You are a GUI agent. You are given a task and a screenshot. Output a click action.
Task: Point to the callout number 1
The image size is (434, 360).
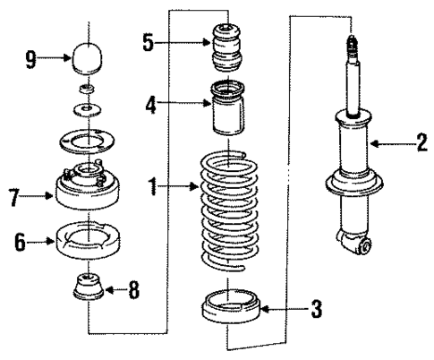pos(155,188)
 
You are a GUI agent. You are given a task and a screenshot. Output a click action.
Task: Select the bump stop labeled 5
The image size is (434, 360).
pos(228,51)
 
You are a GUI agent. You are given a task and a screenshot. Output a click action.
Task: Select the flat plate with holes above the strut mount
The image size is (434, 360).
pos(87,141)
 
